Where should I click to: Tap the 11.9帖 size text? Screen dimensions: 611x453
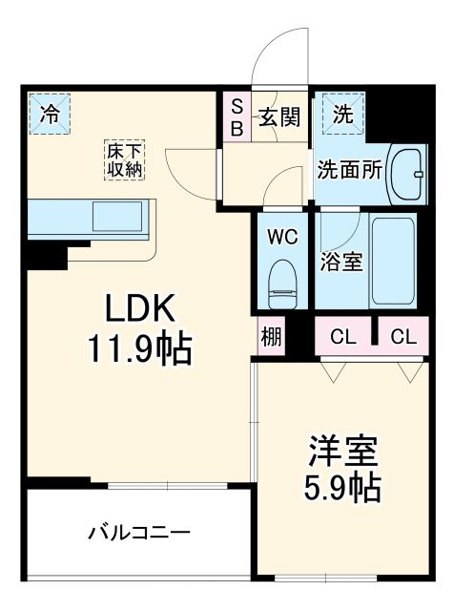pyautogui.click(x=142, y=349)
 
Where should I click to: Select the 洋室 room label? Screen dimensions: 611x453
pyautogui.click(x=341, y=450)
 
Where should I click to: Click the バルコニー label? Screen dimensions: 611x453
pyautogui.click(x=140, y=532)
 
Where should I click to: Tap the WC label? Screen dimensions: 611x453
pyautogui.click(x=281, y=236)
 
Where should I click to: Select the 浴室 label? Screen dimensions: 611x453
pyautogui.click(x=340, y=261)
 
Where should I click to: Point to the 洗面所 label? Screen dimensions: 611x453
pyautogui.click(x=350, y=170)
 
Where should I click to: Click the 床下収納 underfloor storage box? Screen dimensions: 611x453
pyautogui.click(x=124, y=159)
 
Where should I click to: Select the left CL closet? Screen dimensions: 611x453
pyautogui.click(x=344, y=336)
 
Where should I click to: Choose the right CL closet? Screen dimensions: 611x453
pyautogui.click(x=403, y=336)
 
